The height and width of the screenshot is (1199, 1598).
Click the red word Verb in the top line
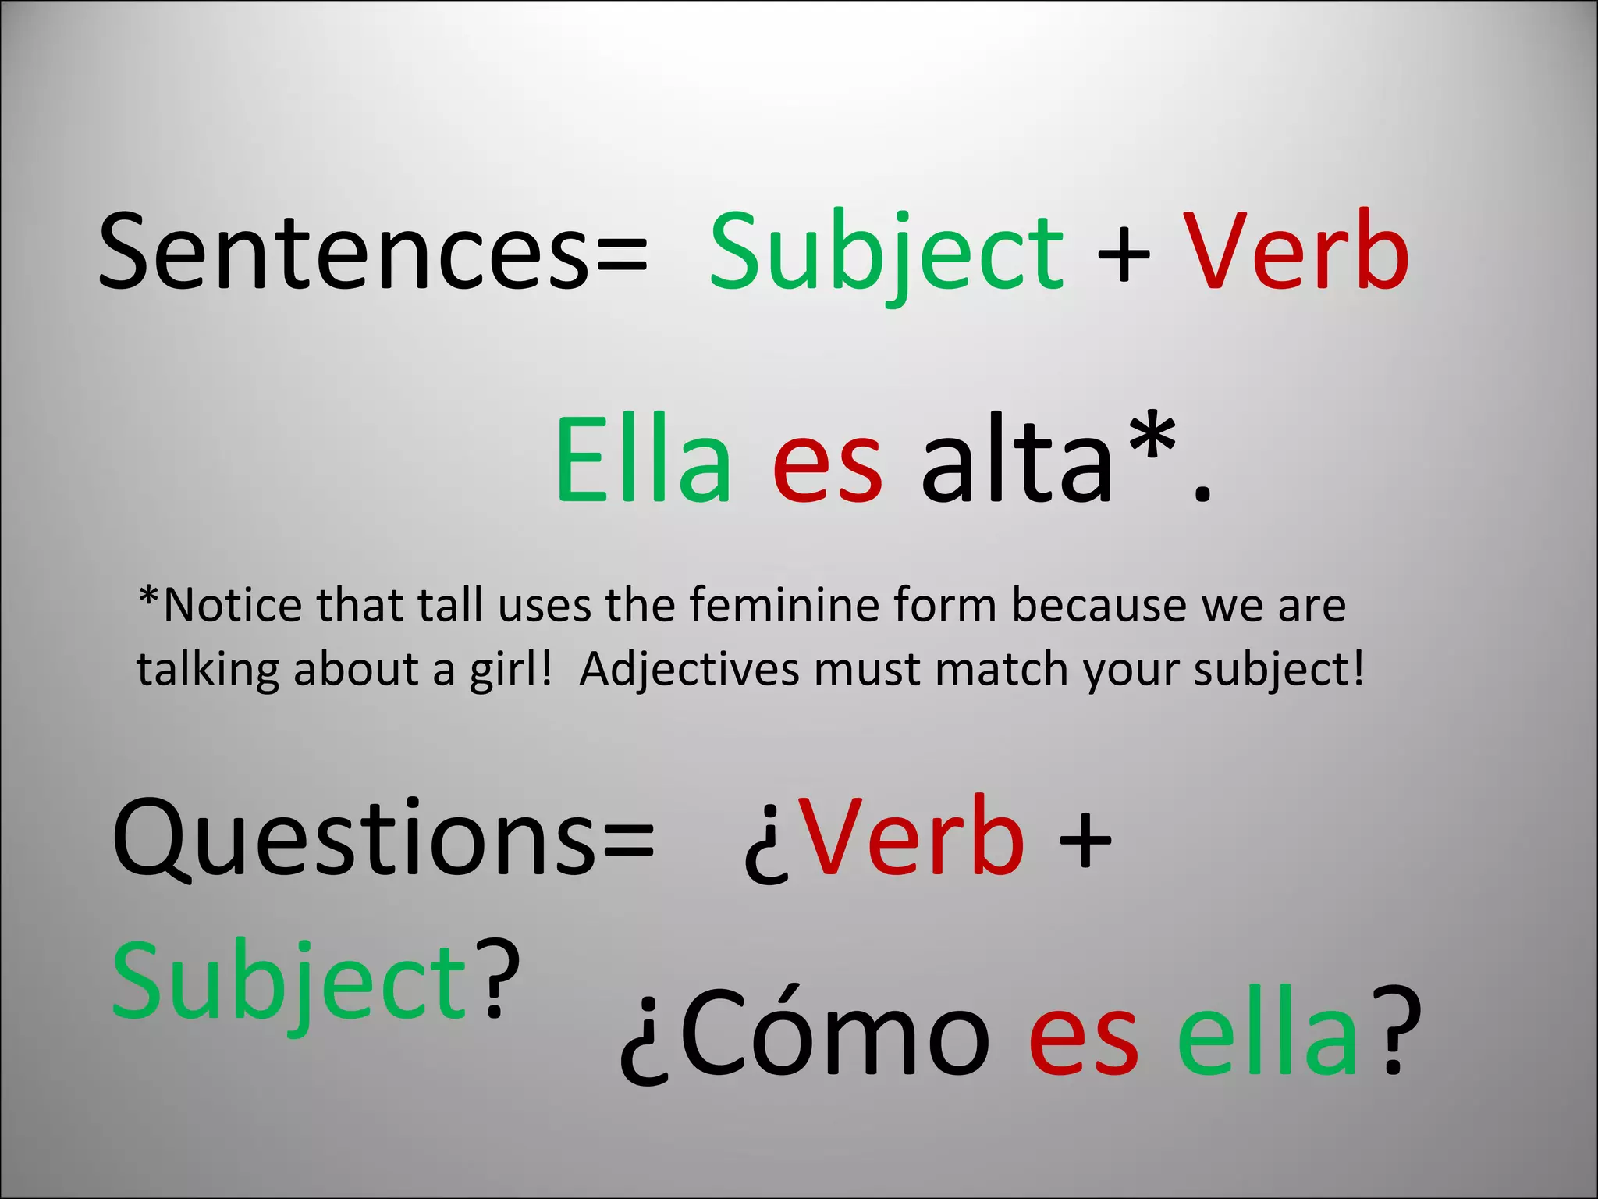(x=1296, y=251)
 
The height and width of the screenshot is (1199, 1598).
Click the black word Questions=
(x=383, y=839)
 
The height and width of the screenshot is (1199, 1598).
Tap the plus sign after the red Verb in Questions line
(x=1085, y=840)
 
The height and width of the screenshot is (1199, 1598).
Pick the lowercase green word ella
(x=1268, y=1034)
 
